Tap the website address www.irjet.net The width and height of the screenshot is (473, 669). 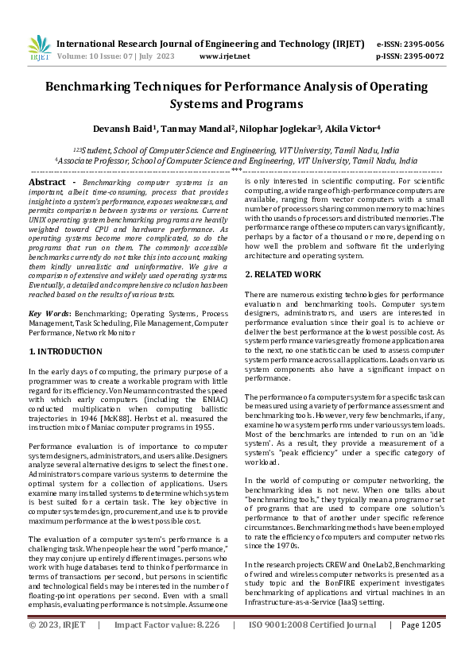[x=224, y=56]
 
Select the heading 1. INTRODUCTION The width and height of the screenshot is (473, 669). [x=66, y=350]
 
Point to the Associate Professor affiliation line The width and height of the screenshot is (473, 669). [x=235, y=160]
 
